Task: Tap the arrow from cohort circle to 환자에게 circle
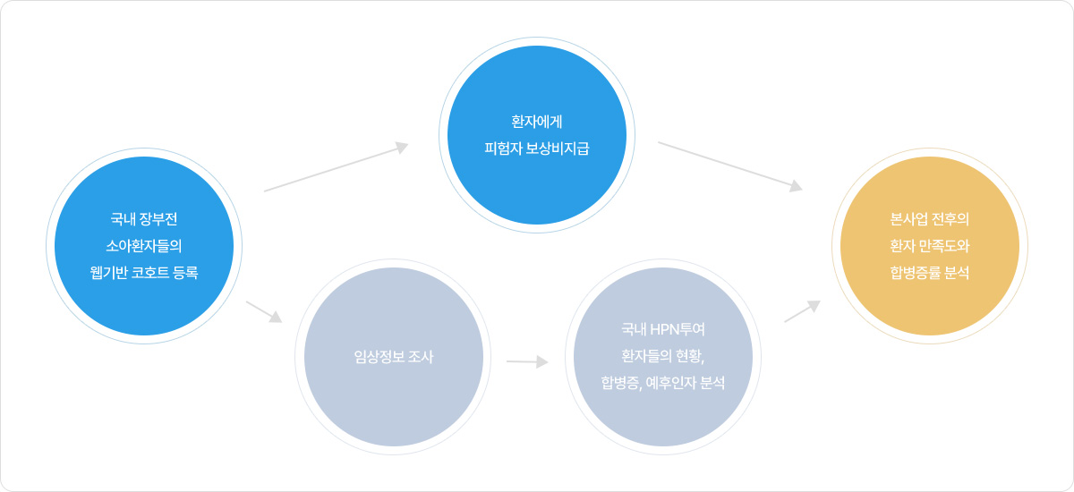coord(336,167)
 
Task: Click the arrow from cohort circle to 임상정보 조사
coord(264,311)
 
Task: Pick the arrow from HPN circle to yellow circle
coord(802,310)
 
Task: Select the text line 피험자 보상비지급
coord(537,145)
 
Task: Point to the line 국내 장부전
coord(144,219)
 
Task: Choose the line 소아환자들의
coord(144,246)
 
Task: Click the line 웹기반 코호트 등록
coord(144,273)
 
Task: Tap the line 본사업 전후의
coord(930,218)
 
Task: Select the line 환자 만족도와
coord(930,245)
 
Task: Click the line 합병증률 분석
coord(930,272)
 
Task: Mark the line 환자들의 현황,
coord(663,356)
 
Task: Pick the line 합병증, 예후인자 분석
coord(663,383)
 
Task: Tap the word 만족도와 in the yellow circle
coord(945,245)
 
